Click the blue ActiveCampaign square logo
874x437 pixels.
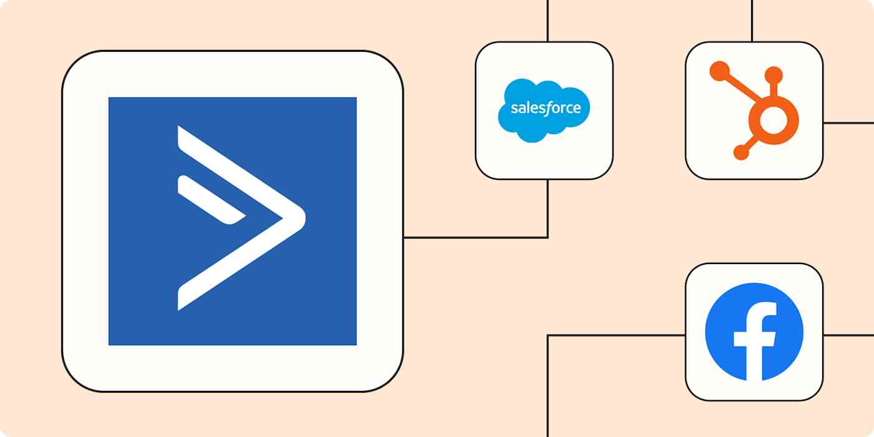pos(232,221)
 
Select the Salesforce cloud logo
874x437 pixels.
pos(544,110)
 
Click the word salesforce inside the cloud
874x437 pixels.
pos(545,108)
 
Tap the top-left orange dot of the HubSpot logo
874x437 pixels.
pos(719,70)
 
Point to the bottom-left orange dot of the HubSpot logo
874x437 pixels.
pos(740,152)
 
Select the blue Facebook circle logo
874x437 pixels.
pos(754,331)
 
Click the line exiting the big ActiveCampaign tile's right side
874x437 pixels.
pos(474,237)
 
